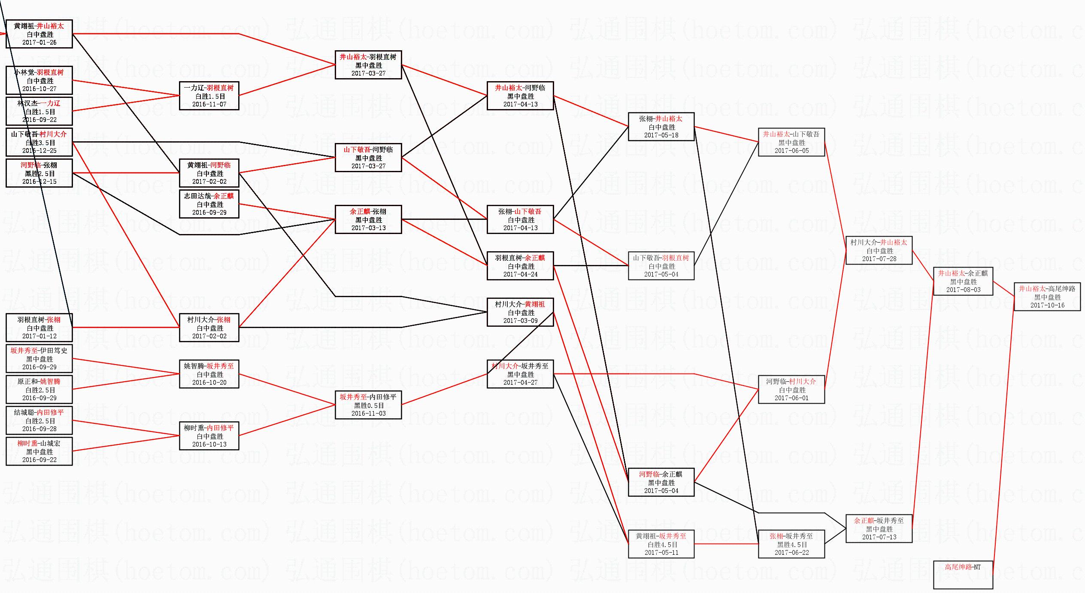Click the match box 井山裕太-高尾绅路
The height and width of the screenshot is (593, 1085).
(x=1047, y=297)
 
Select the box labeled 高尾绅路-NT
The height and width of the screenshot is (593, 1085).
(x=963, y=575)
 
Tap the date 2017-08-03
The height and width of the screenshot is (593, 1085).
(x=963, y=290)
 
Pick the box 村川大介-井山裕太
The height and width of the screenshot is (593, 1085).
(x=879, y=250)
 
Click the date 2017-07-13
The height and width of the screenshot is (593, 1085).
(x=879, y=537)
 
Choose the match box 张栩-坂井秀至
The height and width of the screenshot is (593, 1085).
(x=791, y=544)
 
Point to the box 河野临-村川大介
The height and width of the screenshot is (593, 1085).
(x=791, y=389)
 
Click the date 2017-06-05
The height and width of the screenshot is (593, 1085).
(x=791, y=151)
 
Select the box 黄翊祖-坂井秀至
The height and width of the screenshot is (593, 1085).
(x=661, y=544)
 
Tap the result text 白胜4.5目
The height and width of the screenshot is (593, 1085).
(x=661, y=544)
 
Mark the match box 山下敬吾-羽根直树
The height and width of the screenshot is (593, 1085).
(x=661, y=266)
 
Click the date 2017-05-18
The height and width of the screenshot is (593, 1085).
(x=661, y=135)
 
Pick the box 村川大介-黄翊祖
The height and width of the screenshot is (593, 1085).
(x=520, y=312)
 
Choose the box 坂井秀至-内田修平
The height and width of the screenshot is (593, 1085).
(x=368, y=405)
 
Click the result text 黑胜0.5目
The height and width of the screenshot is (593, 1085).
(x=368, y=405)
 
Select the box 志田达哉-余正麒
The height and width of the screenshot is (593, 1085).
(x=209, y=204)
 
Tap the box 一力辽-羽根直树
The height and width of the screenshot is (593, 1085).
(x=209, y=96)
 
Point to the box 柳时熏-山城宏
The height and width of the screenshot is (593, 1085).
(x=39, y=451)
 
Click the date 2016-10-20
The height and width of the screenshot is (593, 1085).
(x=209, y=383)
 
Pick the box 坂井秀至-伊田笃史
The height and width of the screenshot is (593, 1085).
(x=39, y=359)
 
